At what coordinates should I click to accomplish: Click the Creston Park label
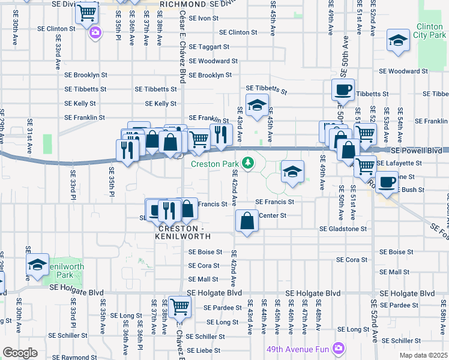(x=214, y=164)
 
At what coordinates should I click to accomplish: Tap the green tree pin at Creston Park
(x=247, y=163)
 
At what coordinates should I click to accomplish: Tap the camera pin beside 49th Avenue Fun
(x=339, y=348)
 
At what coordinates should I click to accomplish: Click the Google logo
(x=20, y=353)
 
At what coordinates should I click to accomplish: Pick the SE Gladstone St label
(x=343, y=229)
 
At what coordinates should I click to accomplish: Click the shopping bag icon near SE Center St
(x=247, y=221)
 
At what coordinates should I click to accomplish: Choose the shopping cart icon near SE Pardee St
(x=179, y=307)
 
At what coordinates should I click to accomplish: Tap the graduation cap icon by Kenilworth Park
(x=37, y=264)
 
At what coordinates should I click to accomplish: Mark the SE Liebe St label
(x=204, y=350)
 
